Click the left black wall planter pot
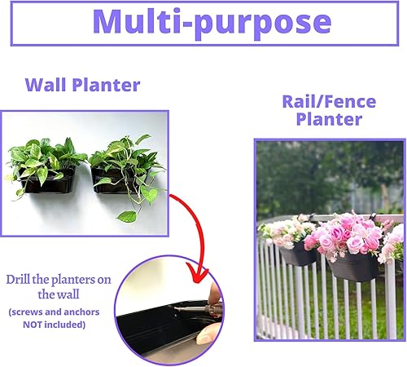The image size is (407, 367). coord(46,181)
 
